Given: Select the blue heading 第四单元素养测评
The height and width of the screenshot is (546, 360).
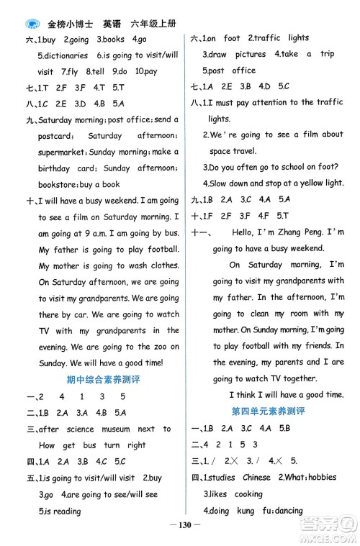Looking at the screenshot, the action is [268, 411].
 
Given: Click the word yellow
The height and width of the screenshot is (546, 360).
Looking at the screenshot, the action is [310, 183].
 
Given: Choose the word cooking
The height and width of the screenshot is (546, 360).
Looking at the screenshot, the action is [248, 494].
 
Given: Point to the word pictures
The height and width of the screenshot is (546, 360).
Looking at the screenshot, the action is [250, 55].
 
